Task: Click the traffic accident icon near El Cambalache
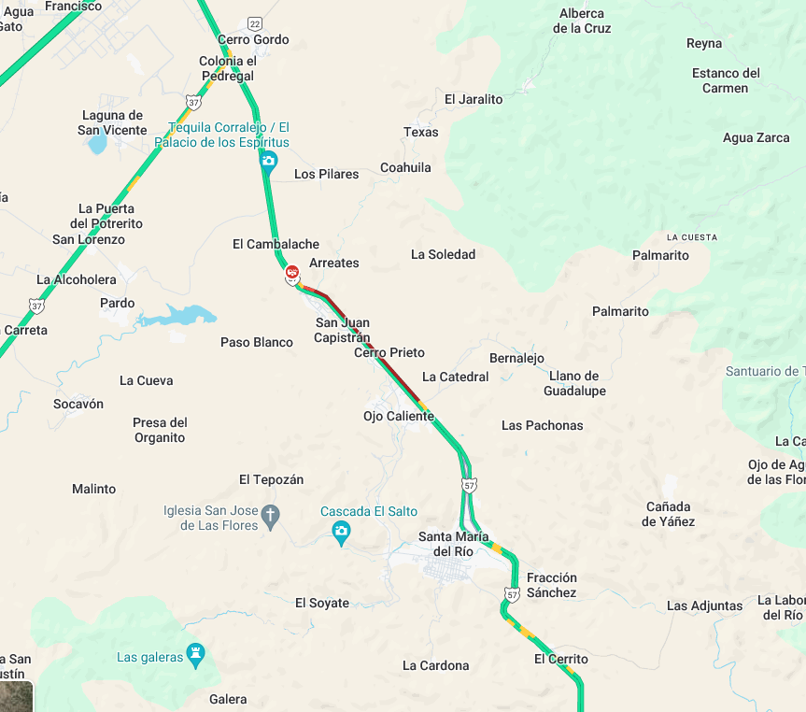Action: [292, 272]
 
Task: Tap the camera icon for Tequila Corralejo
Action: [268, 161]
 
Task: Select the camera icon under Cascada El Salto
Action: [342, 532]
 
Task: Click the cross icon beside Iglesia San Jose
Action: [270, 515]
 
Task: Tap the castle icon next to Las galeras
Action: [195, 651]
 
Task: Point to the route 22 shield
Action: [255, 22]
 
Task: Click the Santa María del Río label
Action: [453, 544]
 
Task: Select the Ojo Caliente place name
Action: [399, 416]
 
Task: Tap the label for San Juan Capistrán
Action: [343, 330]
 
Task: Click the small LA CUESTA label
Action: [692, 237]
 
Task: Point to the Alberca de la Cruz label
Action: [582, 21]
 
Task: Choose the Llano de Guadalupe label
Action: [574, 383]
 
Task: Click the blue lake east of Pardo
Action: [177, 316]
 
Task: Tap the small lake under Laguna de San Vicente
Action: [96, 144]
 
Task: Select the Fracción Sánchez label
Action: [552, 585]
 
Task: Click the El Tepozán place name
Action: [272, 479]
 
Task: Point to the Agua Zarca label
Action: [757, 137]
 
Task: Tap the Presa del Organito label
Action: [160, 430]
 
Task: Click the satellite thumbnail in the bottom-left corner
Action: [16, 696]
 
